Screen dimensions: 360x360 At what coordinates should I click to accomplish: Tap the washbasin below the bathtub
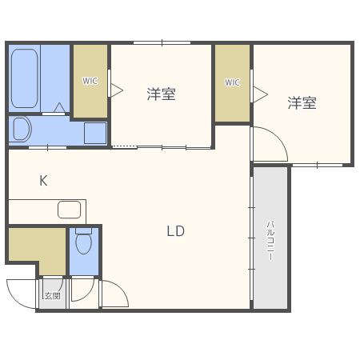click(22, 129)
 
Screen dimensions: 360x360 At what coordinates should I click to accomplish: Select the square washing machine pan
click(95, 132)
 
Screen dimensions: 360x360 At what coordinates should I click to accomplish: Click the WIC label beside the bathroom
click(90, 80)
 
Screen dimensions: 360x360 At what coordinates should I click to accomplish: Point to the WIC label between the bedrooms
click(232, 82)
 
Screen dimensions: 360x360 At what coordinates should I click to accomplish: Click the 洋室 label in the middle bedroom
click(161, 94)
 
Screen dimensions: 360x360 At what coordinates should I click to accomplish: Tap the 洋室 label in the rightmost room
click(302, 102)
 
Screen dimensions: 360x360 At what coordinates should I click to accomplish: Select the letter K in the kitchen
click(43, 181)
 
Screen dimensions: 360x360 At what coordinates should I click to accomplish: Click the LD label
click(175, 231)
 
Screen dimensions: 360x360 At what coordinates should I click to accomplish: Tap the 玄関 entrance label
click(52, 296)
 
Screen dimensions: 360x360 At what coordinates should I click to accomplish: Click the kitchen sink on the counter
click(70, 210)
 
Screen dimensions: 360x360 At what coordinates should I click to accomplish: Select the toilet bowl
click(83, 242)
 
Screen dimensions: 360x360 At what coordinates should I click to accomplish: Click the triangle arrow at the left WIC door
click(116, 90)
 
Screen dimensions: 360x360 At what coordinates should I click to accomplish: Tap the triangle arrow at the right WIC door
click(258, 94)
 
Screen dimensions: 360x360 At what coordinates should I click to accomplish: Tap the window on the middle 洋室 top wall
click(161, 42)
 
